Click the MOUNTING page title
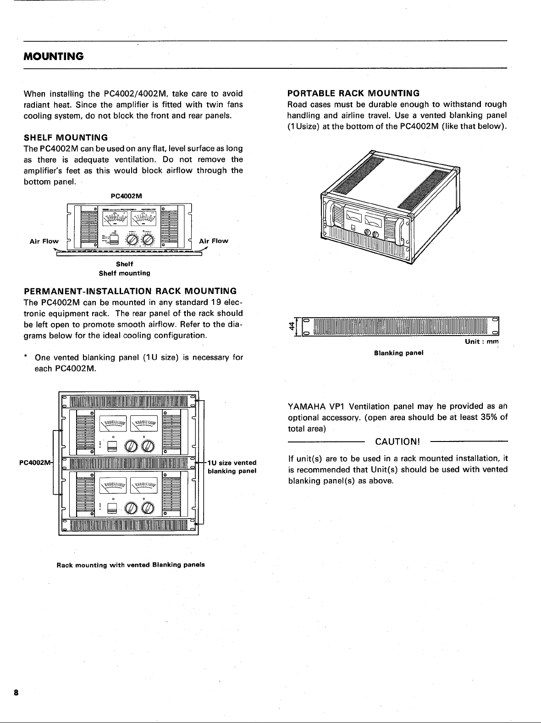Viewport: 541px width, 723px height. tap(54, 56)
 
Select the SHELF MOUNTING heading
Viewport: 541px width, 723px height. tap(66, 138)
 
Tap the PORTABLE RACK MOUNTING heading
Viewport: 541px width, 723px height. tap(353, 94)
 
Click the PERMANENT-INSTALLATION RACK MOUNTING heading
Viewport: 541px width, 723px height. tap(130, 291)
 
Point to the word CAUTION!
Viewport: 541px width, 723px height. tap(397, 442)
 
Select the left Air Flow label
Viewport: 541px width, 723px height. tap(44, 241)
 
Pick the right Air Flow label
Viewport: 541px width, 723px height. tap(214, 241)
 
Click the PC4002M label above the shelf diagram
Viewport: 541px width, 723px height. tap(127, 196)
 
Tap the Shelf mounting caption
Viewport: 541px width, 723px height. tap(125, 273)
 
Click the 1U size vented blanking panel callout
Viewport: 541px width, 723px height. tap(232, 467)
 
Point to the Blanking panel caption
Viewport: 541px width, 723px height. tap(398, 353)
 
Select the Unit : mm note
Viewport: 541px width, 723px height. tap(482, 342)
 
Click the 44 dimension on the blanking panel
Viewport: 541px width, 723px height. tap(291, 326)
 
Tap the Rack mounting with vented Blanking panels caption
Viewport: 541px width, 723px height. tap(131, 564)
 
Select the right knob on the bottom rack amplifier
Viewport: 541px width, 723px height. tap(149, 508)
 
